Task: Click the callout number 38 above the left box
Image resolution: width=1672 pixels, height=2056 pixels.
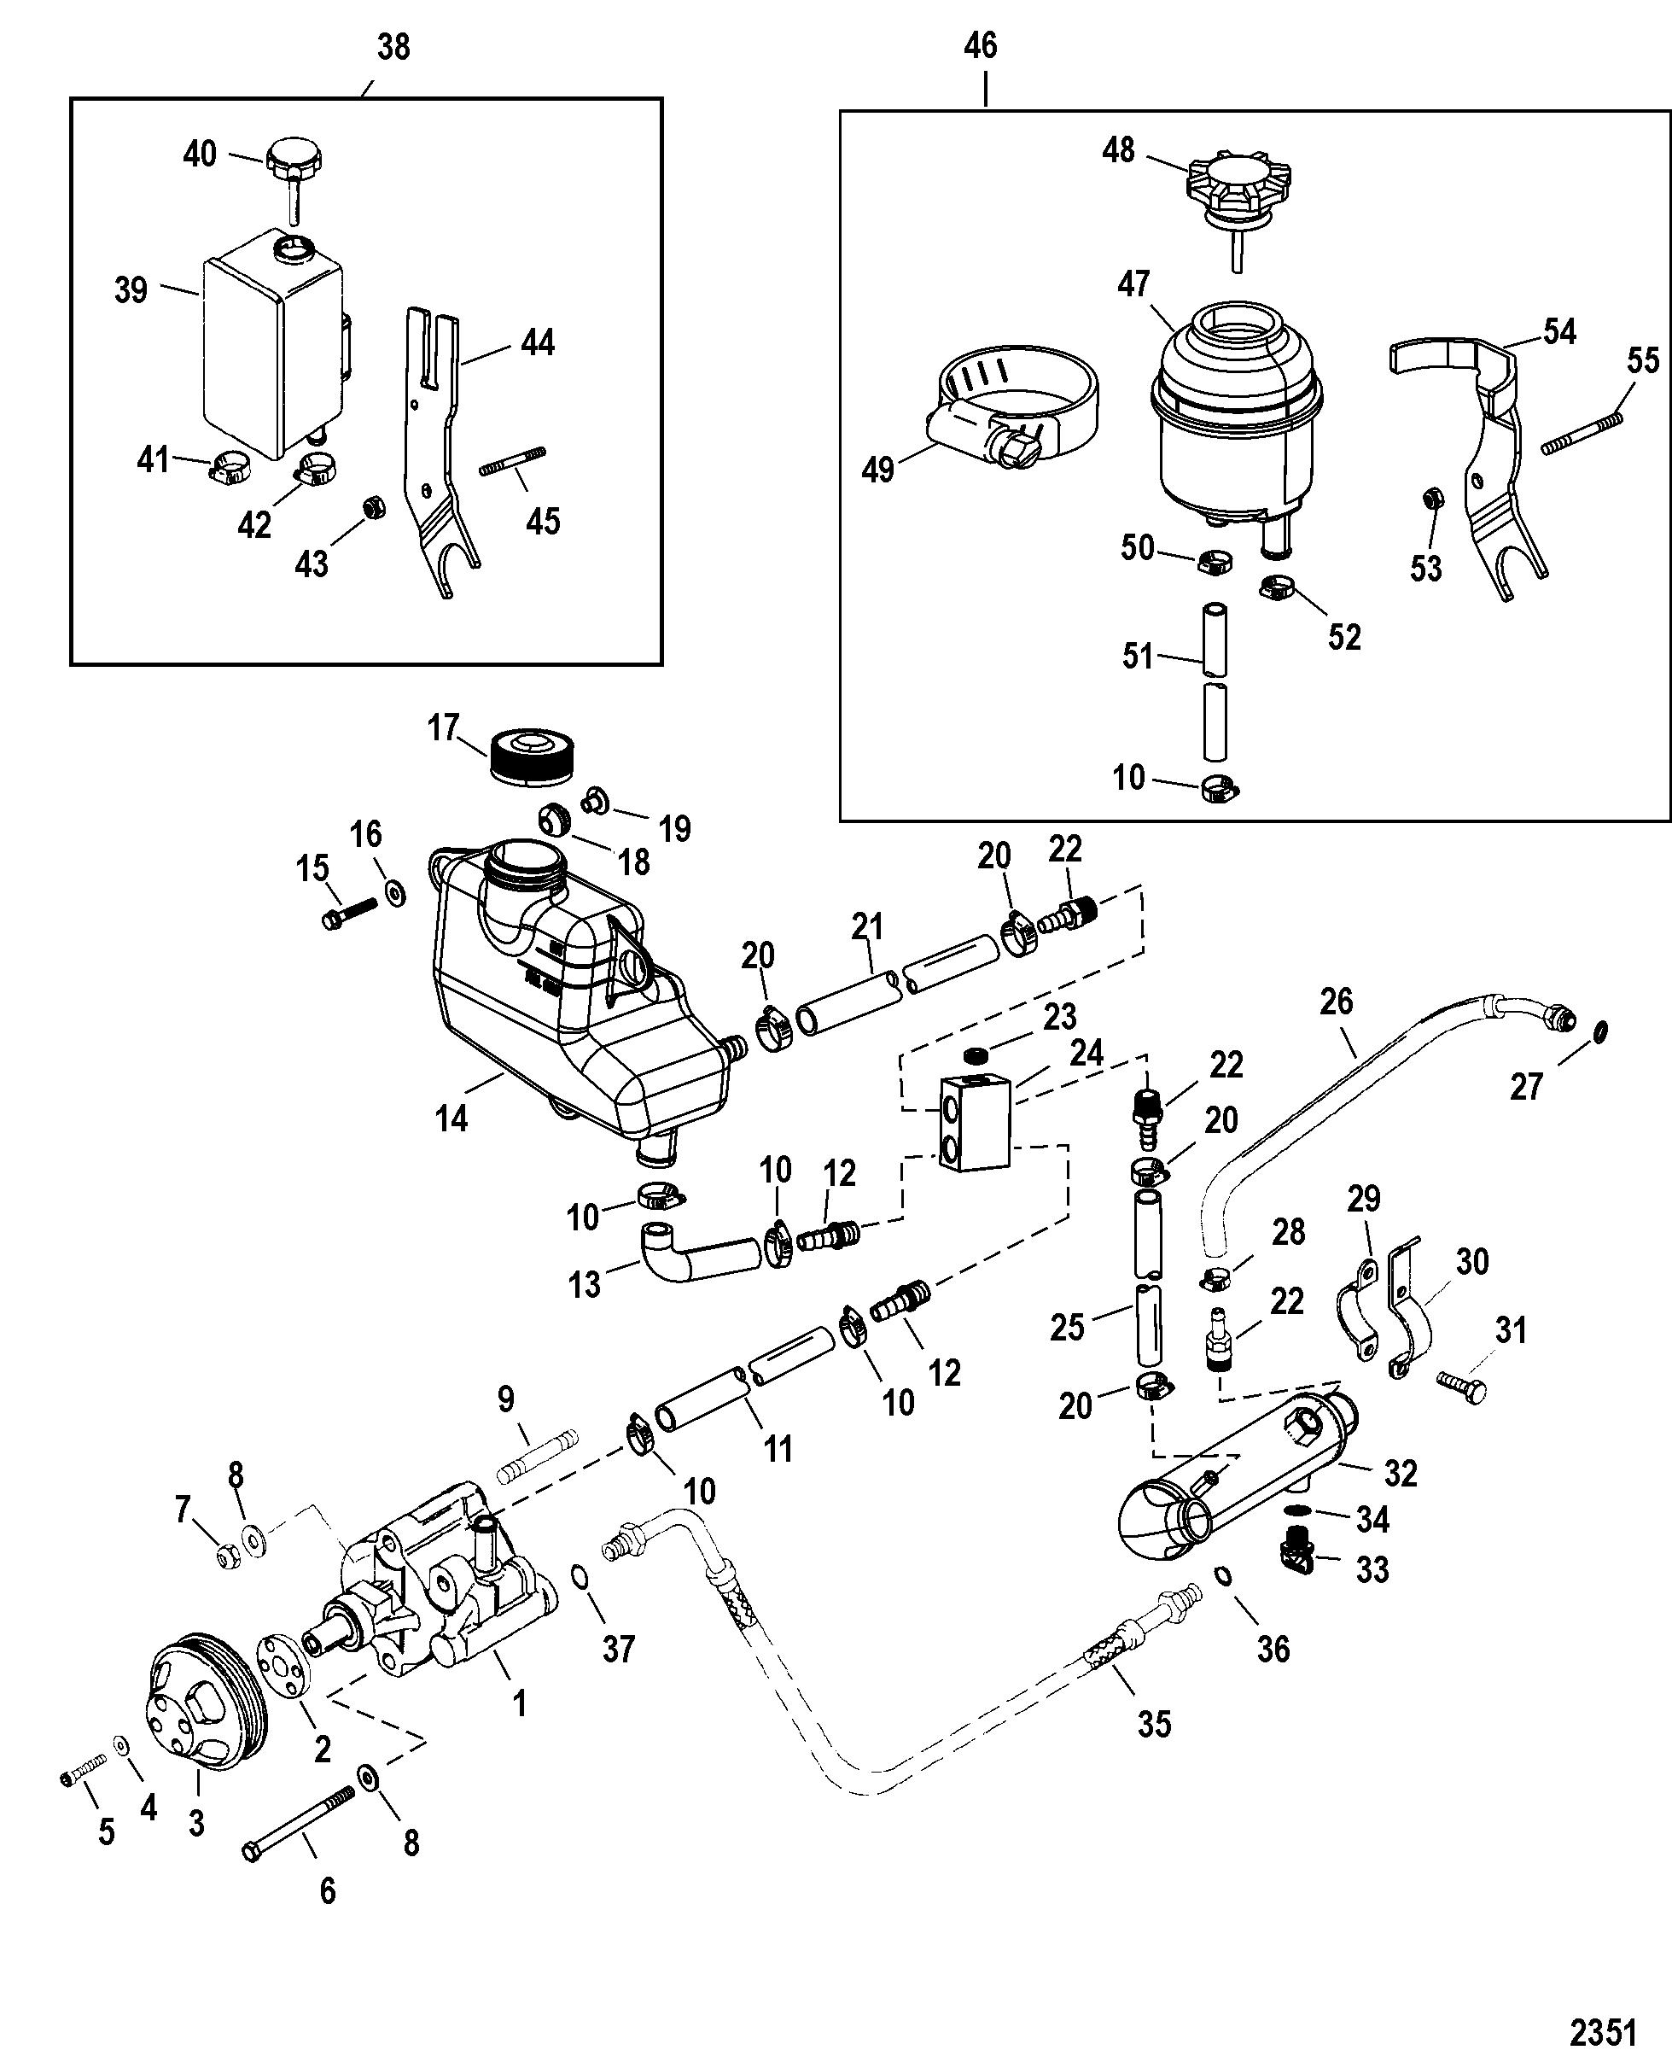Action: (393, 46)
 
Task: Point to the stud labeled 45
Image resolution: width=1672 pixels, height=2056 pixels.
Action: (512, 459)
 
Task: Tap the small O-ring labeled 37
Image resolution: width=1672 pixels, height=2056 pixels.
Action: (580, 1576)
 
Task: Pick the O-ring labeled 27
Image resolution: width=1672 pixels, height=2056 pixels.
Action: (1599, 1033)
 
